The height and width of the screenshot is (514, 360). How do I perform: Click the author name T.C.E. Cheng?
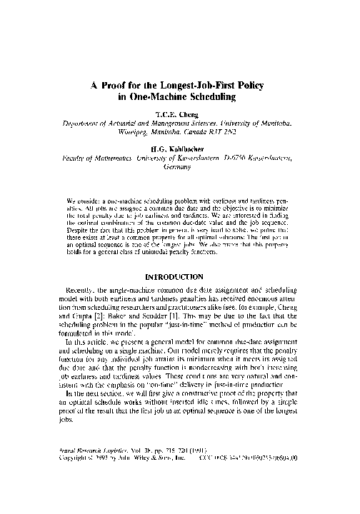180,114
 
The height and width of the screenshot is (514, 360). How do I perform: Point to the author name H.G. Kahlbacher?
180,145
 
